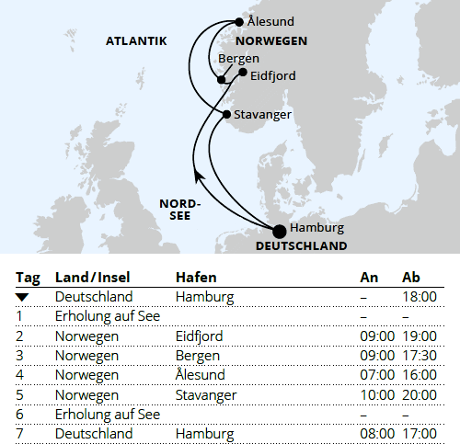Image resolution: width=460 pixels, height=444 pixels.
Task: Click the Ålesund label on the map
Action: click(x=270, y=22)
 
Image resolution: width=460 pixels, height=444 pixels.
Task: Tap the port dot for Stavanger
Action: click(x=227, y=114)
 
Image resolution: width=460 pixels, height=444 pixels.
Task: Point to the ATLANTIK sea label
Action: click(x=136, y=41)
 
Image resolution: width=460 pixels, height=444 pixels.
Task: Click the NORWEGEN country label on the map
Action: click(x=270, y=41)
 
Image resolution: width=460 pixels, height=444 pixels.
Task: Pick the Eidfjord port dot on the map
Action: click(x=242, y=72)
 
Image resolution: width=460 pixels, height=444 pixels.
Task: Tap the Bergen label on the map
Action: click(x=239, y=59)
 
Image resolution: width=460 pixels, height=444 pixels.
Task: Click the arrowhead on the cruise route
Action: click(x=197, y=175)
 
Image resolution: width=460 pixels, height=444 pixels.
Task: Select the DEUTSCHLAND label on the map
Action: click(x=301, y=246)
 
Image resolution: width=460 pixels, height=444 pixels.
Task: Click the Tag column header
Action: click(x=29, y=278)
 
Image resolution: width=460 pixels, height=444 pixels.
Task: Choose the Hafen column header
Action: click(x=197, y=278)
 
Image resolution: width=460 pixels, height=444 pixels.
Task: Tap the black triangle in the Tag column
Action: click(x=22, y=297)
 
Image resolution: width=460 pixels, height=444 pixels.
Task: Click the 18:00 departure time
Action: click(x=420, y=297)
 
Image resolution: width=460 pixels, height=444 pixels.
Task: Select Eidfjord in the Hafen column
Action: click(x=199, y=336)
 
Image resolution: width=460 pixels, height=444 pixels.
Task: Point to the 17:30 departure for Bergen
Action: click(x=420, y=356)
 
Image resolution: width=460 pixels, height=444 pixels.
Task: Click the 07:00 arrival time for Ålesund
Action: click(x=377, y=375)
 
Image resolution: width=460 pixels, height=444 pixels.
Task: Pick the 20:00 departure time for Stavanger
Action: click(x=420, y=395)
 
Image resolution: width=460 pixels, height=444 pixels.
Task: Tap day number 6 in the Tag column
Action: click(x=19, y=415)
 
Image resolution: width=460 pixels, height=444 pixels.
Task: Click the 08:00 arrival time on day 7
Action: click(x=377, y=434)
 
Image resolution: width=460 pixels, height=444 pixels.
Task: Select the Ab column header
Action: click(x=412, y=278)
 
